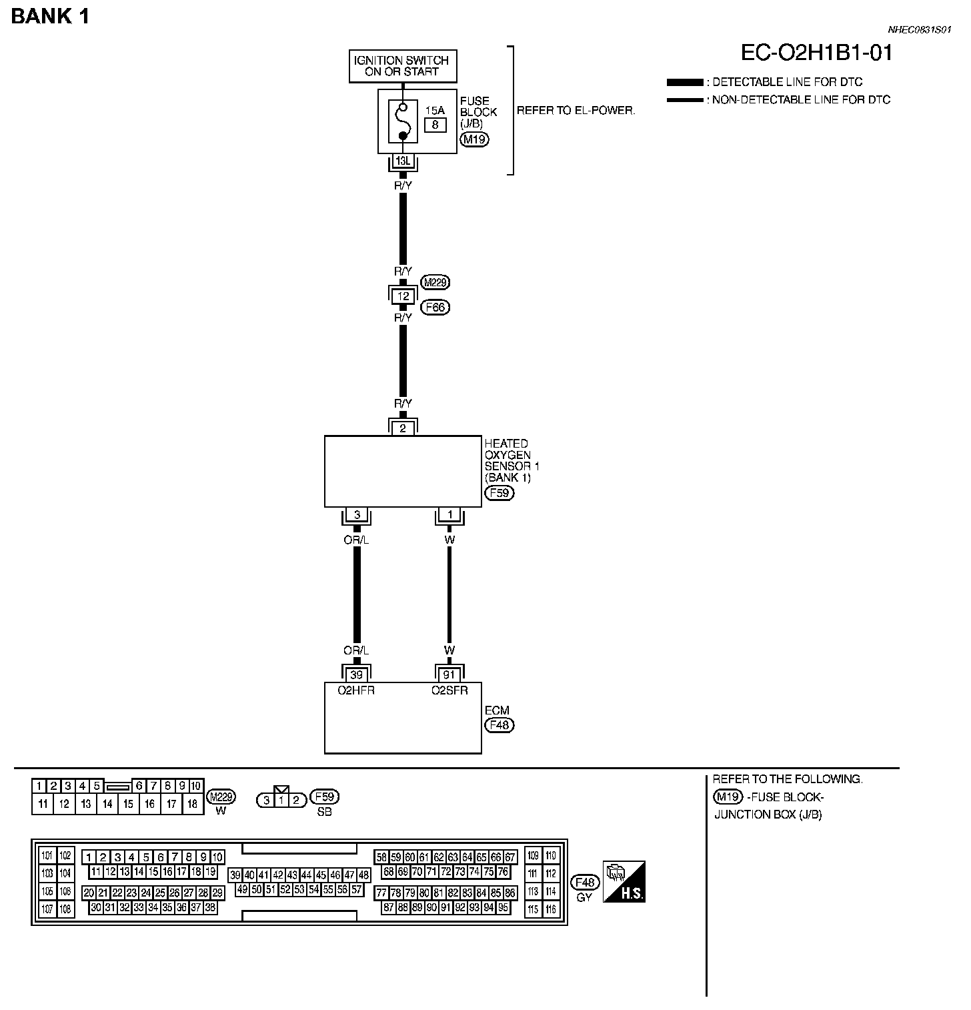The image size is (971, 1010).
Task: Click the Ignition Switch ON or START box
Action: point(403,66)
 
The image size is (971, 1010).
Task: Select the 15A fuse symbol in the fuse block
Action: point(403,122)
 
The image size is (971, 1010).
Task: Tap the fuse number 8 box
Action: point(435,124)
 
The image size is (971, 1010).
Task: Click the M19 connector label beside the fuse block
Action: point(475,139)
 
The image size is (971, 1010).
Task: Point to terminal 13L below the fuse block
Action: point(403,161)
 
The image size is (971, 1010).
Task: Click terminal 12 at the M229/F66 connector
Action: point(403,296)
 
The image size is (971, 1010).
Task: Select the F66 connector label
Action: point(436,308)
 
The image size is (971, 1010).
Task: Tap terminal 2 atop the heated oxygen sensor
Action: point(403,428)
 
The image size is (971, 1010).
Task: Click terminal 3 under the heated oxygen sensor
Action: point(357,515)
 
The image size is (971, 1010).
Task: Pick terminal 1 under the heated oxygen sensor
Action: point(449,515)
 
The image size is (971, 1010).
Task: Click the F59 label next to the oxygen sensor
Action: point(500,494)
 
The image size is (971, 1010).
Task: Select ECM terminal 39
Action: point(357,674)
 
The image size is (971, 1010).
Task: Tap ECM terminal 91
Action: point(449,674)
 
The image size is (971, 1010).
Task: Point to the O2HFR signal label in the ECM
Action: point(356,690)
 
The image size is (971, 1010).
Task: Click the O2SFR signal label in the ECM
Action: point(449,690)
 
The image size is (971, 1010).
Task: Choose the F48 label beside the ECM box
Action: point(500,725)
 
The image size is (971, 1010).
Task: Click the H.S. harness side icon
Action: point(624,882)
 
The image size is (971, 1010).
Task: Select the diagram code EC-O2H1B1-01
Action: point(816,53)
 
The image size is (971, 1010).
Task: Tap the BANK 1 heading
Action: point(50,16)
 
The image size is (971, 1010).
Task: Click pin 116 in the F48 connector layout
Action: point(551,909)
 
